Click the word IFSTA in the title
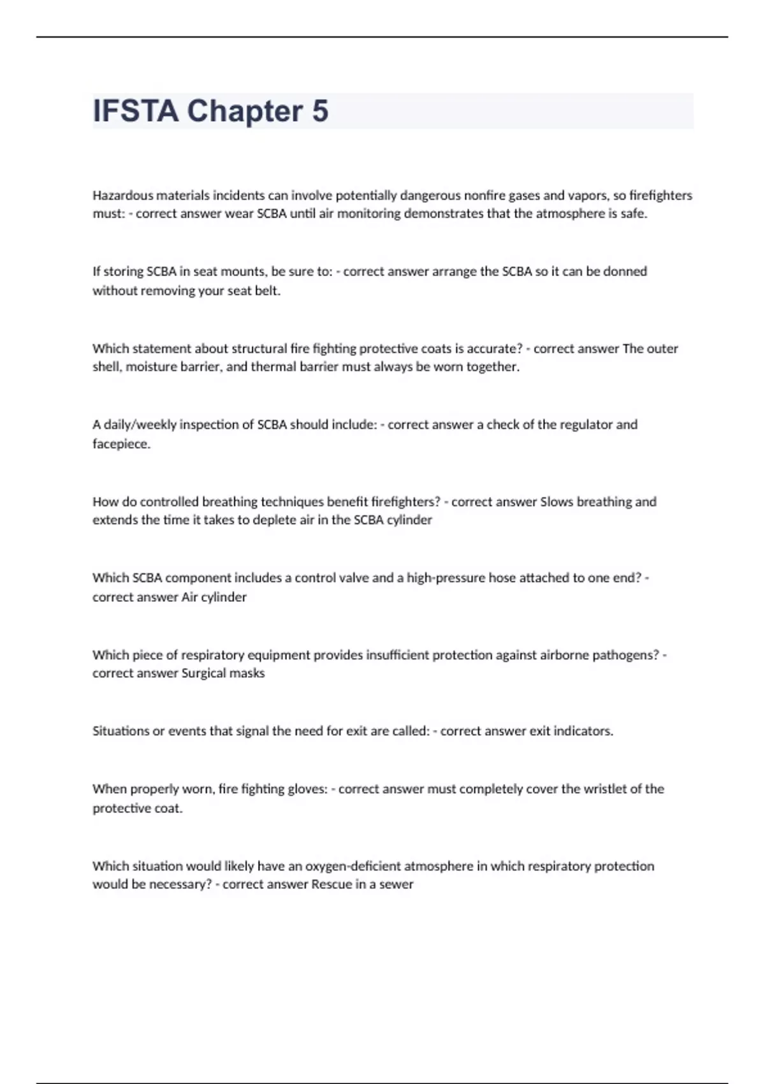pos(135,111)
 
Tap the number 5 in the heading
pos(320,111)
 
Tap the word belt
pos(267,291)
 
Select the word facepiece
pos(121,444)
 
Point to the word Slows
pos(557,502)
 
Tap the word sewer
pos(397,884)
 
